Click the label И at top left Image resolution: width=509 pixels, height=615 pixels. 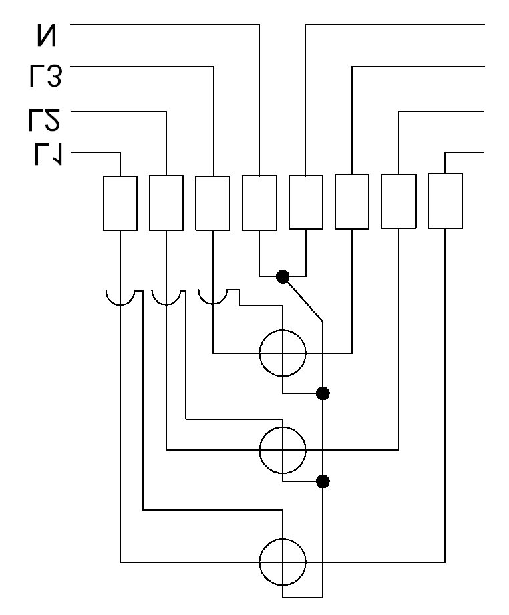pos(47,35)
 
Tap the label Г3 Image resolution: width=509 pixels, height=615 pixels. pos(45,76)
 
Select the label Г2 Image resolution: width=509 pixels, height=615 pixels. pos(44,120)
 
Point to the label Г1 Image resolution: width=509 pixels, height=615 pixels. pos(48,154)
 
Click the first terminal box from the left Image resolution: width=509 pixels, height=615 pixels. pos(120,203)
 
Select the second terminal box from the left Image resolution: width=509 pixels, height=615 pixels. pos(166,203)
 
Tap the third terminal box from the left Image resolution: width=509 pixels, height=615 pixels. pos(212,203)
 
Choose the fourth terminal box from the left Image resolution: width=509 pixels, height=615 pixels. pos(259,203)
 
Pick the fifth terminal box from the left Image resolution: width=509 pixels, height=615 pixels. pos(306,202)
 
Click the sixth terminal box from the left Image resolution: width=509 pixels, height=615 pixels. pos(352,202)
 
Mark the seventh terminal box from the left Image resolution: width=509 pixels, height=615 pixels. pos(399,201)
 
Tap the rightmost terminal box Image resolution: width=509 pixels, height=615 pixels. pos(445,201)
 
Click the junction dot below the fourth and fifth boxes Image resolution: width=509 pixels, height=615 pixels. pos(283,276)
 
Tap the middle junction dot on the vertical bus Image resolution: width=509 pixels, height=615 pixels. pos(323,393)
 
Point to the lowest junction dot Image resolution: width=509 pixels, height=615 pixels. pos(323,481)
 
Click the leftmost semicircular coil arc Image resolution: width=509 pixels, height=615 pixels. pos(120,305)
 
